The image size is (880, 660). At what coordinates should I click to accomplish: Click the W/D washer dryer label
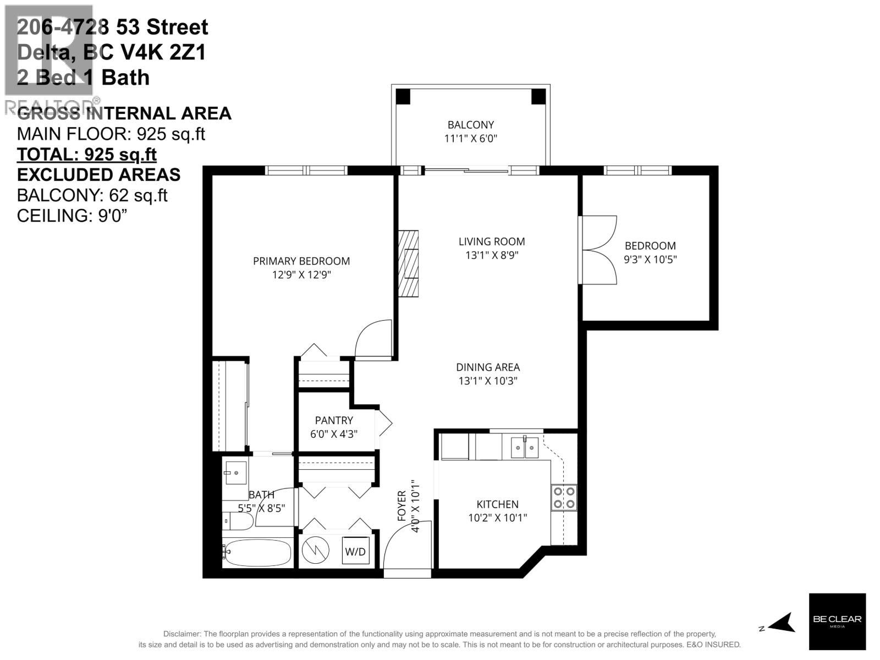coord(355,552)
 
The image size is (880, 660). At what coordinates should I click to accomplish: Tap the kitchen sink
coord(524,448)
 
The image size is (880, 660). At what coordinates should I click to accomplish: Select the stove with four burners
coord(564,497)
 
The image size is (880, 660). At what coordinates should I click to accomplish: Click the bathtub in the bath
coord(257,552)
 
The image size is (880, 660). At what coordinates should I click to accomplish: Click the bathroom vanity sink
coord(235,472)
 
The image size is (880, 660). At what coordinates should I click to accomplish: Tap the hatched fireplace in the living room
coord(408,264)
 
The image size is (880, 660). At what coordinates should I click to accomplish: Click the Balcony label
coord(470,125)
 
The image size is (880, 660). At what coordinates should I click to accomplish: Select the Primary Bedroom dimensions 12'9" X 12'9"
coord(301,274)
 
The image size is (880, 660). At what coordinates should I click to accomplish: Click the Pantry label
coord(334,420)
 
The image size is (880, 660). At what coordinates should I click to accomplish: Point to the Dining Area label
coord(487,367)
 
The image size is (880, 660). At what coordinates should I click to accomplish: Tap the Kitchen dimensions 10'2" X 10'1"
coord(497,518)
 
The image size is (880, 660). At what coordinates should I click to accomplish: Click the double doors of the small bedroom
coord(598,250)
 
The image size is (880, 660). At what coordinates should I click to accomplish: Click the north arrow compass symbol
coord(782,623)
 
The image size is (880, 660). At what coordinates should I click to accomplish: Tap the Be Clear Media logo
coord(837,621)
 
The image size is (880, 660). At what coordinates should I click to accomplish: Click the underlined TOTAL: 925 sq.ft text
coord(87,155)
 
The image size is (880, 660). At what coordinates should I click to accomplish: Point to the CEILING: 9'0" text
coord(72,216)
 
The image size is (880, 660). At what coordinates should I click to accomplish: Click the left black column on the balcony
coord(403,96)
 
